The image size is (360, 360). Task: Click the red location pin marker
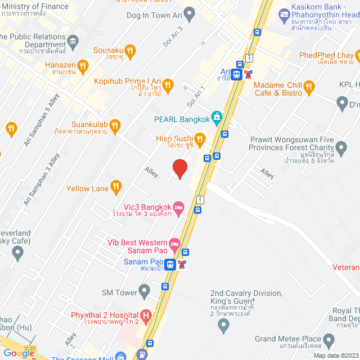(x=179, y=169)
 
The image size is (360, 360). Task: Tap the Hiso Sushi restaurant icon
(x=199, y=138)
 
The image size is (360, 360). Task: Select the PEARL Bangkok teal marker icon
(x=217, y=119)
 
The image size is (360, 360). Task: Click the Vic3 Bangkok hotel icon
(x=178, y=208)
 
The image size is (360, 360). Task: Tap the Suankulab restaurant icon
(x=115, y=124)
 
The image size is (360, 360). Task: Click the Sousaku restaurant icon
(x=130, y=51)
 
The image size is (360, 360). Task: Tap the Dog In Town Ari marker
(x=190, y=13)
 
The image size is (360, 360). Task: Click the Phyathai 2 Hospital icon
(x=146, y=316)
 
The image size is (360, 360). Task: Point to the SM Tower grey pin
(x=145, y=291)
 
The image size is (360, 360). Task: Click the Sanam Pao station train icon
(x=169, y=263)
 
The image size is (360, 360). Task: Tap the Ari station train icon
(x=237, y=73)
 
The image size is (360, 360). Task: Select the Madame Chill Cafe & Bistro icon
(x=308, y=87)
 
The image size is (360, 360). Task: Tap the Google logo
(x=19, y=353)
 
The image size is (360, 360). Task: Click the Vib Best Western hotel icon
(x=174, y=244)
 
